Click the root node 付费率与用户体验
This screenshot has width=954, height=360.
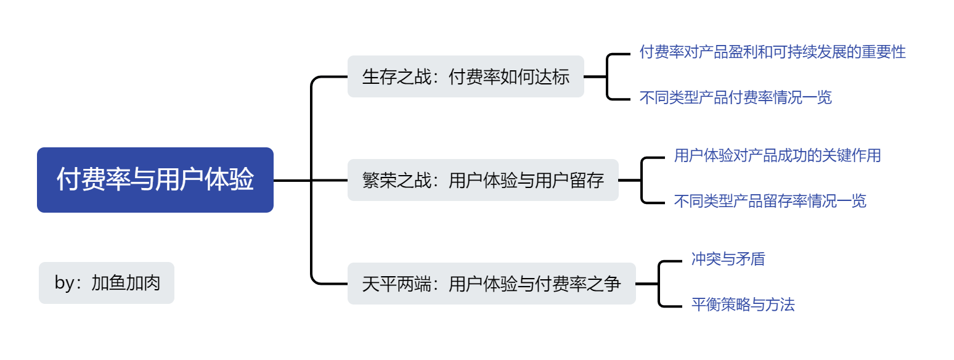[155, 180]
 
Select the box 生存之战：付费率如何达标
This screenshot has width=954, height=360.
[465, 77]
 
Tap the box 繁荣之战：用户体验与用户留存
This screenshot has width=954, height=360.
[483, 180]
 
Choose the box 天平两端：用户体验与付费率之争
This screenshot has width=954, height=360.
[491, 284]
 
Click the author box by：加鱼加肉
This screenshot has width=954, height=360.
[107, 283]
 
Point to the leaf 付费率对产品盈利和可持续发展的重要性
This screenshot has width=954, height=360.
[772, 52]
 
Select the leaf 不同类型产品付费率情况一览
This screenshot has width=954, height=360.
[735, 97]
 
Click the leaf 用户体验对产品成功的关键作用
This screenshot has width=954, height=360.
[777, 155]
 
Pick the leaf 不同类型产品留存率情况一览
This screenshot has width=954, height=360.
[770, 201]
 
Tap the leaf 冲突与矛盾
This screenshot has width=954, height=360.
[728, 259]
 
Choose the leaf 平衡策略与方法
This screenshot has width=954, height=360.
[743, 305]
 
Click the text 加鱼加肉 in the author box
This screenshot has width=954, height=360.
[126, 283]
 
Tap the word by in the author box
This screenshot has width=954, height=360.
[63, 283]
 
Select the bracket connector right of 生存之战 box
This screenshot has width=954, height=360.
[608, 76]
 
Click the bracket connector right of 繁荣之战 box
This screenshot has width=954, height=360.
[642, 180]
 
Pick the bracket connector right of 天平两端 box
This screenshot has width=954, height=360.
[659, 284]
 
